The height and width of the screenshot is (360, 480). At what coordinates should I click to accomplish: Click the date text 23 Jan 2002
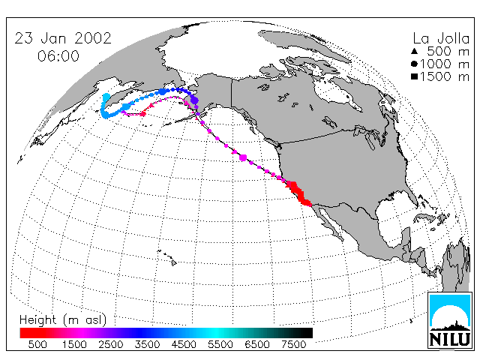pyautogui.click(x=63, y=38)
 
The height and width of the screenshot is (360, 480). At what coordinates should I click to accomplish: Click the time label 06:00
pyautogui.click(x=58, y=56)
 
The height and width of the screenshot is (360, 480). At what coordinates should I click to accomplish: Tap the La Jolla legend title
pyautogui.click(x=441, y=38)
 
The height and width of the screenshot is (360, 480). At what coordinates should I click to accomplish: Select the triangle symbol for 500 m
pyautogui.click(x=414, y=51)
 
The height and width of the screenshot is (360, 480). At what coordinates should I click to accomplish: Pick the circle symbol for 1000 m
pyautogui.click(x=414, y=64)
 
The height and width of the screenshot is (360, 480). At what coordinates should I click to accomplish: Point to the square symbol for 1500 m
pyautogui.click(x=414, y=76)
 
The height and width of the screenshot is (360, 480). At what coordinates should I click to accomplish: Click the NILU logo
pyautogui.click(x=450, y=320)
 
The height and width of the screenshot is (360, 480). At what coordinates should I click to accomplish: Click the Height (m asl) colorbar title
pyautogui.click(x=63, y=320)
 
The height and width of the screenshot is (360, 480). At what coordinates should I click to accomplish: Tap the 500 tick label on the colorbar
pyautogui.click(x=37, y=344)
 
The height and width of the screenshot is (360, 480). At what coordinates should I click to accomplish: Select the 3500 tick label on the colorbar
pyautogui.click(x=147, y=344)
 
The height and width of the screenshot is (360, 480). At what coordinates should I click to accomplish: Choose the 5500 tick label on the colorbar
pyautogui.click(x=220, y=344)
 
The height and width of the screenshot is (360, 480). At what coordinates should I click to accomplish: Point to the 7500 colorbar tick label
pyautogui.click(x=293, y=344)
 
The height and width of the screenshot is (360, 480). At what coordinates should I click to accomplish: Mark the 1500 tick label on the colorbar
pyautogui.click(x=74, y=344)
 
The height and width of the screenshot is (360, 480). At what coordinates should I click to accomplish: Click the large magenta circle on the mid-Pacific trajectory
pyautogui.click(x=243, y=157)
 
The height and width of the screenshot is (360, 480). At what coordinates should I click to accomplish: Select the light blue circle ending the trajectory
pyautogui.click(x=106, y=97)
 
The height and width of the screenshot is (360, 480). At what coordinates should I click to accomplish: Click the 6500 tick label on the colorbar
pyautogui.click(x=257, y=344)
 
